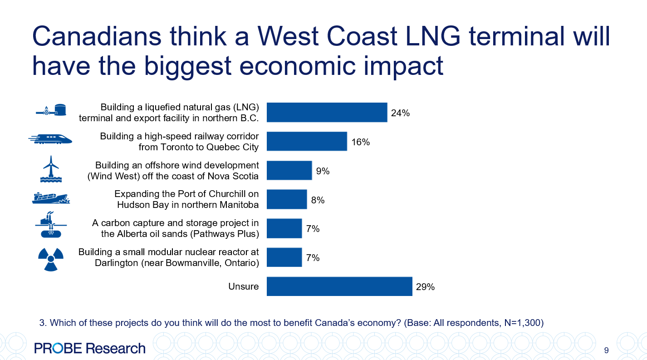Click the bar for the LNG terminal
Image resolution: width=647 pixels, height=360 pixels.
(327, 113)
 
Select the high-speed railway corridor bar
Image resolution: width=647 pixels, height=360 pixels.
(307, 141)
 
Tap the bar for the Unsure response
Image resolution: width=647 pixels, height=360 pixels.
(339, 286)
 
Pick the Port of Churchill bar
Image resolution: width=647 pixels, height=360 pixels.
(287, 199)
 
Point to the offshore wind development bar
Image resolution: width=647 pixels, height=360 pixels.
(289, 170)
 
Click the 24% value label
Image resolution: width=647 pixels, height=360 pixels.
(400, 113)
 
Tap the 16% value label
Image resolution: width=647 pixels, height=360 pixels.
(360, 142)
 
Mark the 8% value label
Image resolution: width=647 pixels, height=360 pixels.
(318, 200)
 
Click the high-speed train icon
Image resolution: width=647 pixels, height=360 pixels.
(50, 139)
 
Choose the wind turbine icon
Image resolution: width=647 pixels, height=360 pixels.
(51, 169)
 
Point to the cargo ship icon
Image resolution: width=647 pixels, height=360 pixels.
(51, 197)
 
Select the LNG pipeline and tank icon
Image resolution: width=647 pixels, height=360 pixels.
(51, 110)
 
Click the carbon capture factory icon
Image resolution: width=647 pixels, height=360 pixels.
(51, 226)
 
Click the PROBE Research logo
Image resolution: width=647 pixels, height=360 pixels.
(90, 348)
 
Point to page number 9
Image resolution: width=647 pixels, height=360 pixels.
(606, 350)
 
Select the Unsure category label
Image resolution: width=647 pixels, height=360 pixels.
(244, 286)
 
